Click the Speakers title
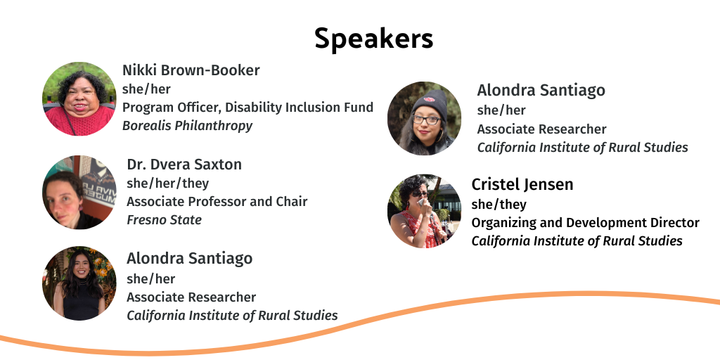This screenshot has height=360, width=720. coord(373,39)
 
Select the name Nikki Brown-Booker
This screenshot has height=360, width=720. coord(191,70)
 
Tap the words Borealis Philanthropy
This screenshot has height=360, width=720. coord(187,126)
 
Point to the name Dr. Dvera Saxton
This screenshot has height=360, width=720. coord(184,165)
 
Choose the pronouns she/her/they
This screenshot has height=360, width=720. coord(167,184)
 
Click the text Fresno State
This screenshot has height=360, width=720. coord(164,220)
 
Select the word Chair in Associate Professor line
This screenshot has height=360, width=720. coord(291,202)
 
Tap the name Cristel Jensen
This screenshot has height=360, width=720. coord(522,185)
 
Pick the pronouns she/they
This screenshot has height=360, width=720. coord(499,205)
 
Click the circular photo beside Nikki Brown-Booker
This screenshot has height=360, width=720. coord(79,98)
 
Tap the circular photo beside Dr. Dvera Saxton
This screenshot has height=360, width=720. coord(79,192)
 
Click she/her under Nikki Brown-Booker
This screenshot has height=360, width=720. coord(146,89)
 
